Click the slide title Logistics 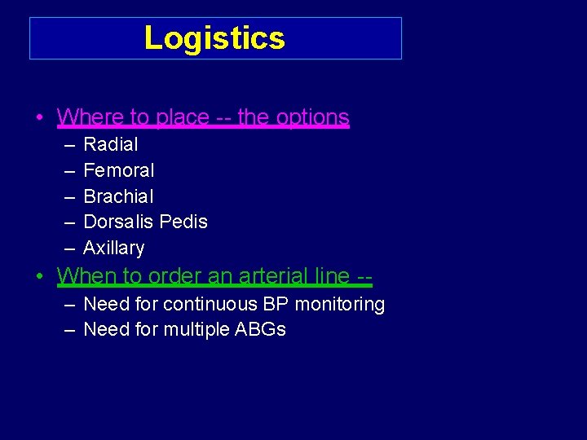(x=214, y=38)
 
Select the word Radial (x=111, y=145)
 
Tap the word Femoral (x=119, y=170)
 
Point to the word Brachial (x=118, y=196)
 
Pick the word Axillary (x=114, y=248)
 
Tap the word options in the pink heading (x=313, y=117)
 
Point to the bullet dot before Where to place (x=39, y=118)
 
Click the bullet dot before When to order (x=39, y=277)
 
